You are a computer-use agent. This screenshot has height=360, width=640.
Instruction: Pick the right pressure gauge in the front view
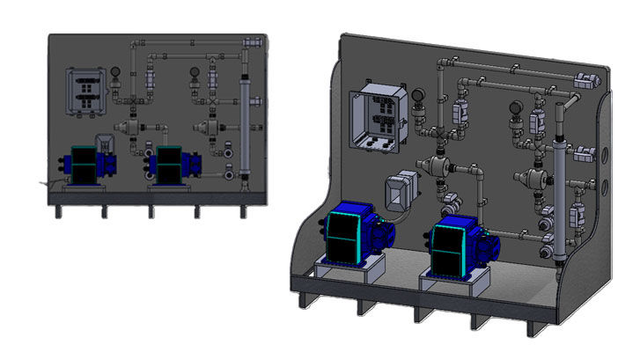(x=195, y=74)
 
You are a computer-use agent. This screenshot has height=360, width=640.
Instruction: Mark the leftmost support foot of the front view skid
(x=59, y=212)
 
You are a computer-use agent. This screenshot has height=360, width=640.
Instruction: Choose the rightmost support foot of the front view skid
(x=244, y=212)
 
